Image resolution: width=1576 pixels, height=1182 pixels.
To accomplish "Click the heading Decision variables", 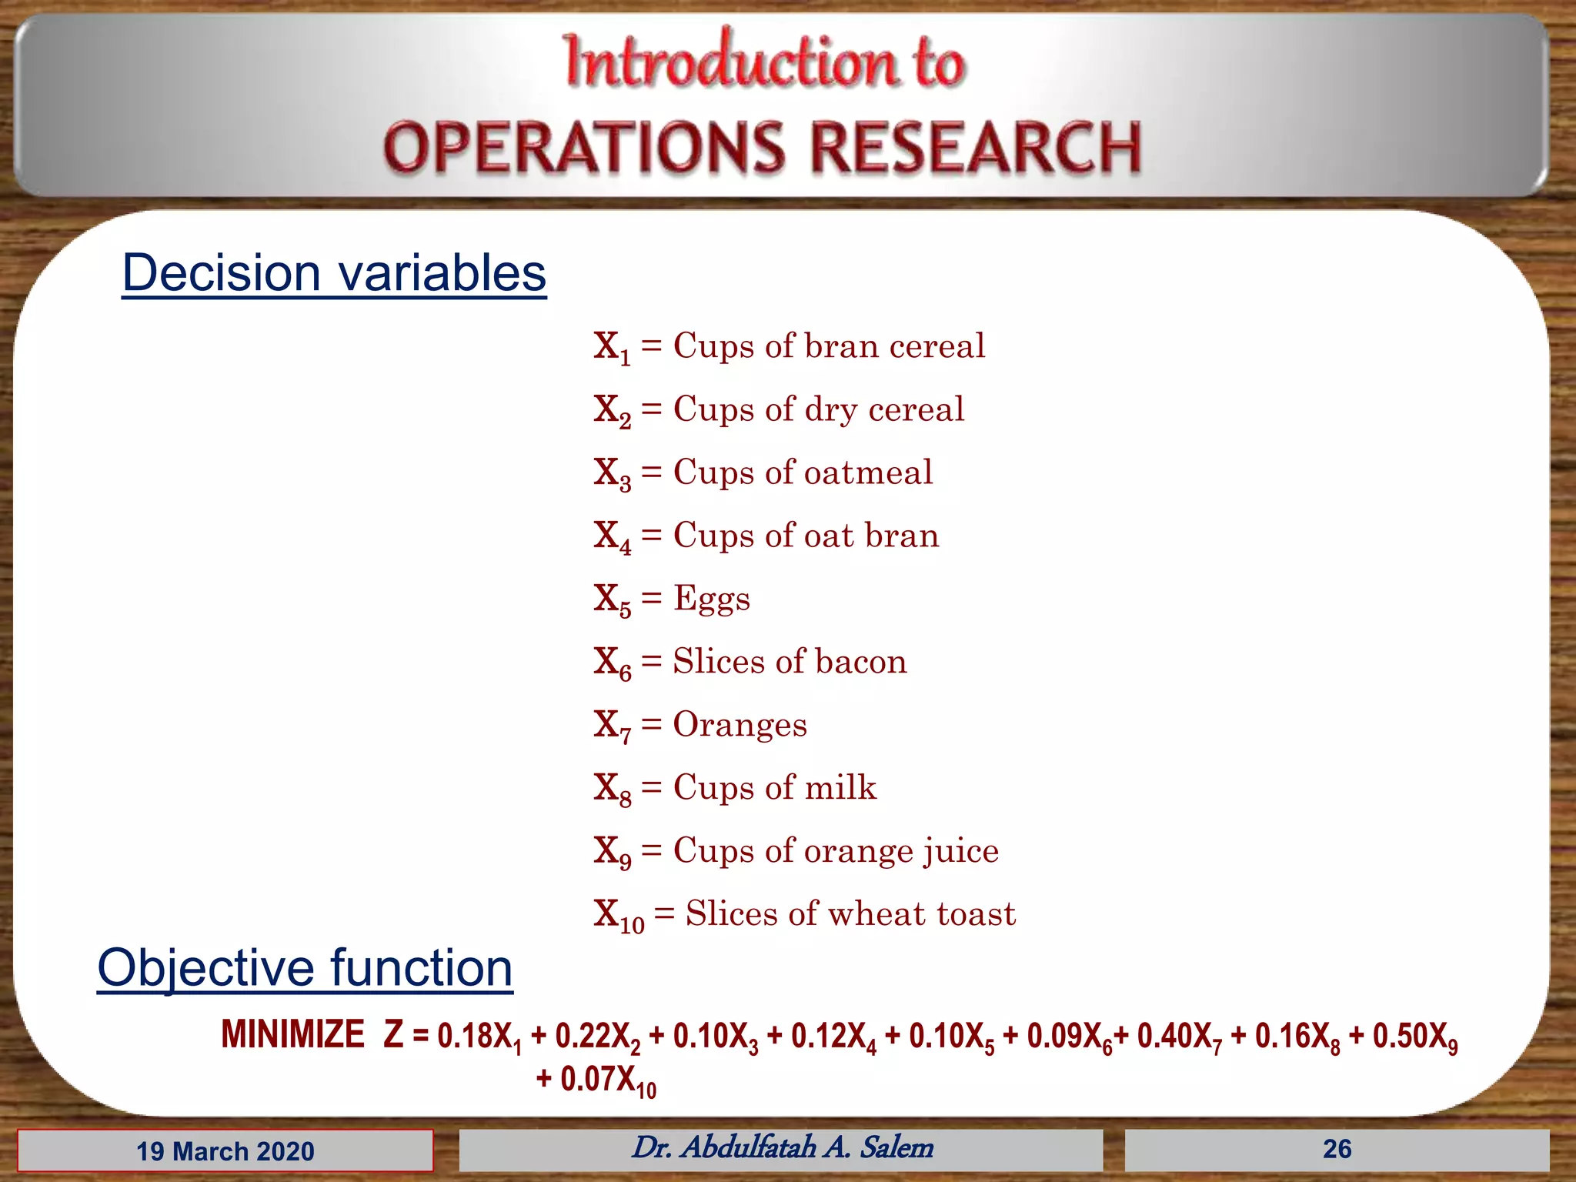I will [334, 273].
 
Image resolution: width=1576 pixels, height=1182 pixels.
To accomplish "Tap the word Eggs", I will [711, 599].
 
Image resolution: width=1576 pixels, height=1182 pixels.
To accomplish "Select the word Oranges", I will [740, 724].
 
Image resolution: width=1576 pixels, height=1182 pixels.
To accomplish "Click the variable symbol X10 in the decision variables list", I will [619, 916].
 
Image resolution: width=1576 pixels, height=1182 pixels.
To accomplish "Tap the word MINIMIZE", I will [292, 1034].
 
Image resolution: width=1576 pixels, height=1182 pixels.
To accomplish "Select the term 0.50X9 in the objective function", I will [1414, 1037].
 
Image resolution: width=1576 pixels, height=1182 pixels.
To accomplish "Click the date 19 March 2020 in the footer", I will [225, 1151].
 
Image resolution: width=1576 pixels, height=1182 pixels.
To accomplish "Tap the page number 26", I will [1337, 1149].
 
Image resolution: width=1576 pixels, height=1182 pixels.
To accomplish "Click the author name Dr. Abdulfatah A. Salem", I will [782, 1147].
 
